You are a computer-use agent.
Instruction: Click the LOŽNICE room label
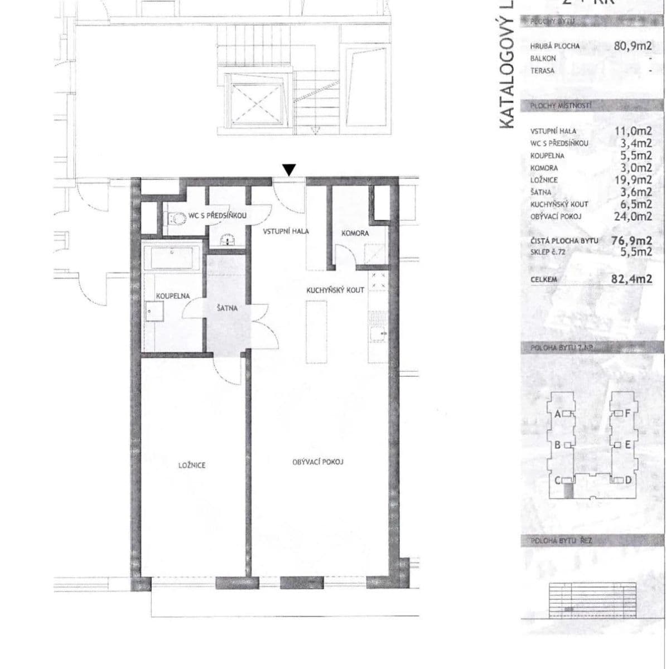pyautogui.click(x=192, y=464)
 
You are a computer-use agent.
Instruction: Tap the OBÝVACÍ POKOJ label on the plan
pyautogui.click(x=317, y=462)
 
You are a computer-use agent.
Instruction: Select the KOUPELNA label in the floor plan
pyautogui.click(x=173, y=296)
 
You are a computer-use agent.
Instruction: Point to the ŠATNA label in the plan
pyautogui.click(x=227, y=307)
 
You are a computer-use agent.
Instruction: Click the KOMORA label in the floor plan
pyautogui.click(x=355, y=233)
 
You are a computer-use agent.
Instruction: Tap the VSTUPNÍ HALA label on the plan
pyautogui.click(x=286, y=231)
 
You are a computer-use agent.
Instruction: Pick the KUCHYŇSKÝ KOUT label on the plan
pyautogui.click(x=335, y=290)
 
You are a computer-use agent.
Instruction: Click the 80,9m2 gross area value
pyautogui.click(x=633, y=46)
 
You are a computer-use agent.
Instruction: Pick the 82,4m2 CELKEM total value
pyautogui.click(x=631, y=279)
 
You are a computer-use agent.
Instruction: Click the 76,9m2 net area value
pyautogui.click(x=632, y=241)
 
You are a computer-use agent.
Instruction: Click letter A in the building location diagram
pyautogui.click(x=557, y=414)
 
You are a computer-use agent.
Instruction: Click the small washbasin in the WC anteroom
pyautogui.click(x=227, y=241)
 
